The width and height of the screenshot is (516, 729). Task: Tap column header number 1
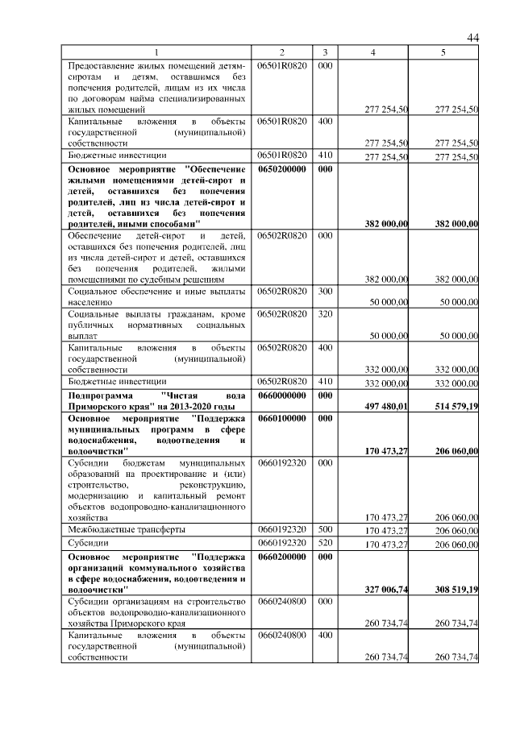coord(157,52)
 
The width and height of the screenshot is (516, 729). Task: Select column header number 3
coord(324,52)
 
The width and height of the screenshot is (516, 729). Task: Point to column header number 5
coord(443,52)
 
